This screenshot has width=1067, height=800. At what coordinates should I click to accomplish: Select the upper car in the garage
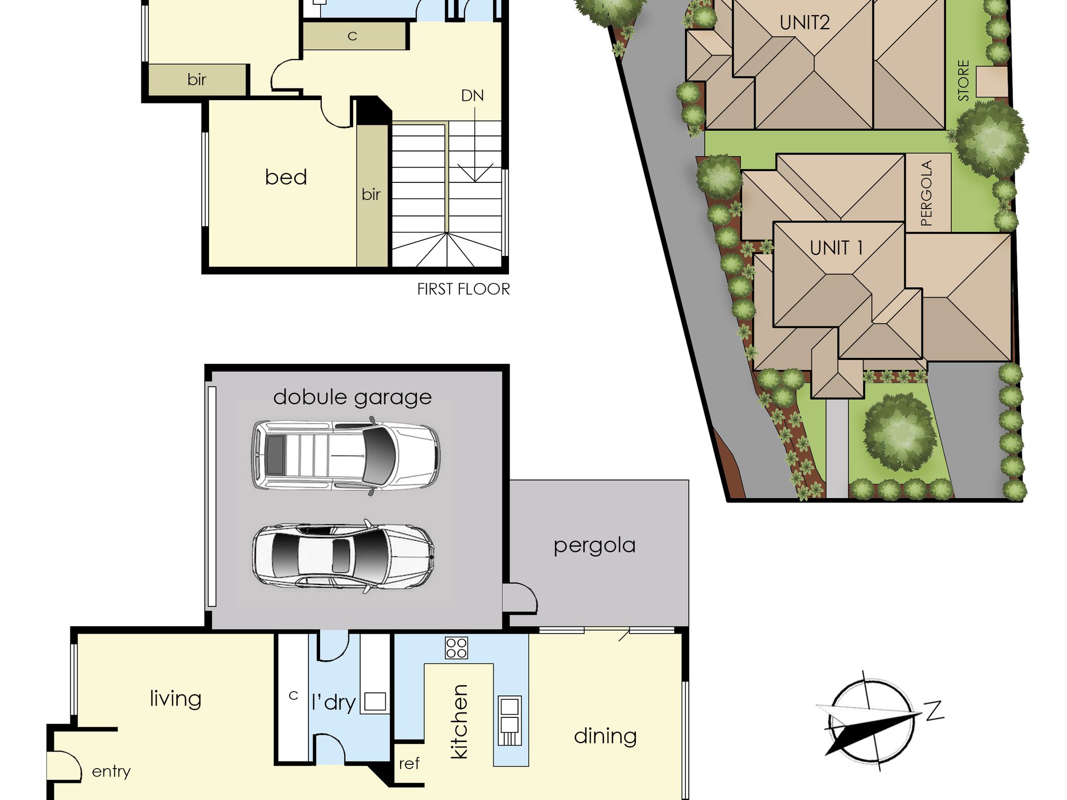(x=346, y=456)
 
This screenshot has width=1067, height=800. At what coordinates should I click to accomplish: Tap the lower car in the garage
(x=343, y=556)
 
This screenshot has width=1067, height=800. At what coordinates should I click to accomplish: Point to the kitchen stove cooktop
(x=456, y=647)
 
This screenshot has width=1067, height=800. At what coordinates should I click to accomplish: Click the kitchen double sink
(x=509, y=721)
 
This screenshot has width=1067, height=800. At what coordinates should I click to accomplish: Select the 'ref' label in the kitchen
(x=409, y=764)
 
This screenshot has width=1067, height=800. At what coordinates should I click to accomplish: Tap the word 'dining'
(x=606, y=736)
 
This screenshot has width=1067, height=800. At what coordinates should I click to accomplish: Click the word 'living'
(x=176, y=699)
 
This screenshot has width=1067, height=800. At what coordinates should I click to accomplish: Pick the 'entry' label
(x=111, y=772)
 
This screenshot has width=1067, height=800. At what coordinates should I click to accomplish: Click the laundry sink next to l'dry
(x=375, y=701)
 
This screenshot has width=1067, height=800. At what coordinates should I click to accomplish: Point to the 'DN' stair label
(x=473, y=96)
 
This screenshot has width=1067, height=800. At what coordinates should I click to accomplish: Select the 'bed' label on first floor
(x=286, y=177)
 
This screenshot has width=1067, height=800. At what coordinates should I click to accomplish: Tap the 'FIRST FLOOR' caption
(x=464, y=289)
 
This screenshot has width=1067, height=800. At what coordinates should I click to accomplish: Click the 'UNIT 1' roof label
(x=836, y=248)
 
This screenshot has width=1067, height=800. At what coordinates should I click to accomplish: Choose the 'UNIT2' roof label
(x=805, y=23)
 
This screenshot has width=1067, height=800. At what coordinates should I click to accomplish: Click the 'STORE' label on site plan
(x=963, y=81)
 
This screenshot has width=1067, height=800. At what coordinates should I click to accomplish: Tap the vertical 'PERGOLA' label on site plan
(x=927, y=193)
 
